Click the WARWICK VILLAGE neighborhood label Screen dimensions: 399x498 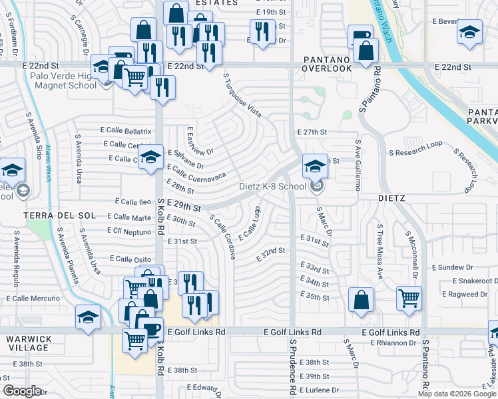click(28, 342)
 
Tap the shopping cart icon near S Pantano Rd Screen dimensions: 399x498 click(409, 297)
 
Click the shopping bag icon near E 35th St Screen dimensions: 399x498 click(360, 299)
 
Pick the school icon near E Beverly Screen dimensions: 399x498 click(469, 32)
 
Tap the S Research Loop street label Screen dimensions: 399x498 click(419, 152)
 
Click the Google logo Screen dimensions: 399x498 click(22, 391)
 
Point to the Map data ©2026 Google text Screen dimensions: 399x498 click(456, 394)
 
